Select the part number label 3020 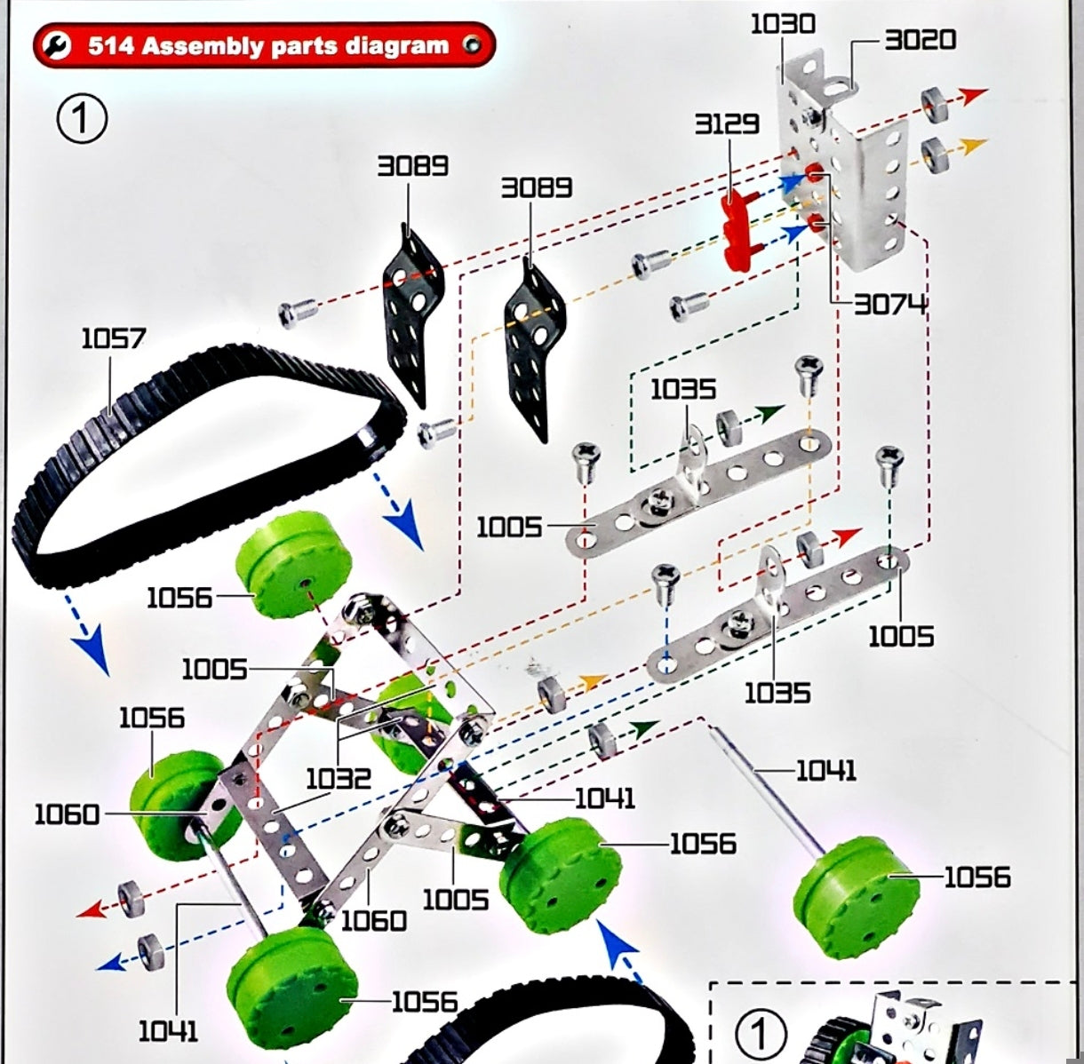click(x=920, y=40)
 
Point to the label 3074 click(x=890, y=305)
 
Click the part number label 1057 click(x=113, y=338)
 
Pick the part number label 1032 click(x=339, y=779)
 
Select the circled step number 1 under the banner click(x=82, y=120)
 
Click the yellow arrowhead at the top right click(x=976, y=143)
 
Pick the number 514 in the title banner click(x=111, y=46)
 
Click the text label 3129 click(x=727, y=123)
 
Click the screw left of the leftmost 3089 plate click(x=298, y=313)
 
